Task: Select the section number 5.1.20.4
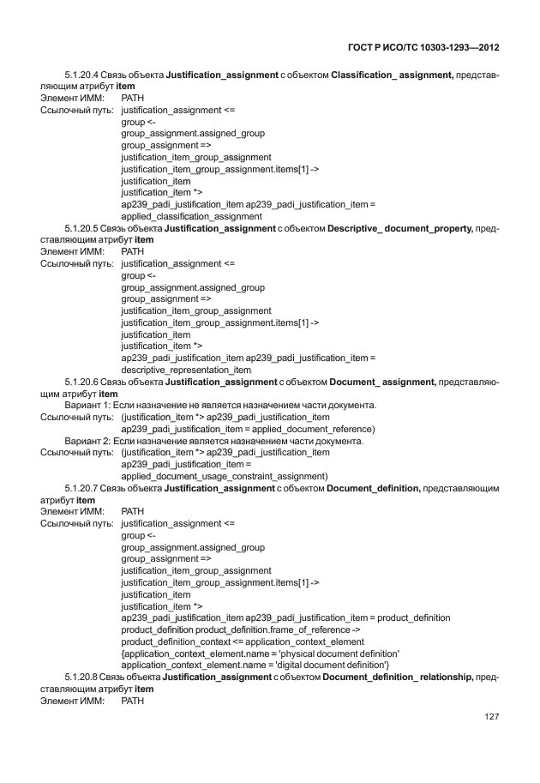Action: (x=82, y=75)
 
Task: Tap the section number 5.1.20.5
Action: (x=82, y=229)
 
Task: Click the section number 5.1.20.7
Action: (x=82, y=488)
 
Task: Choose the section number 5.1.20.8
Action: (x=82, y=678)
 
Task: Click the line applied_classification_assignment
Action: (x=192, y=217)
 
